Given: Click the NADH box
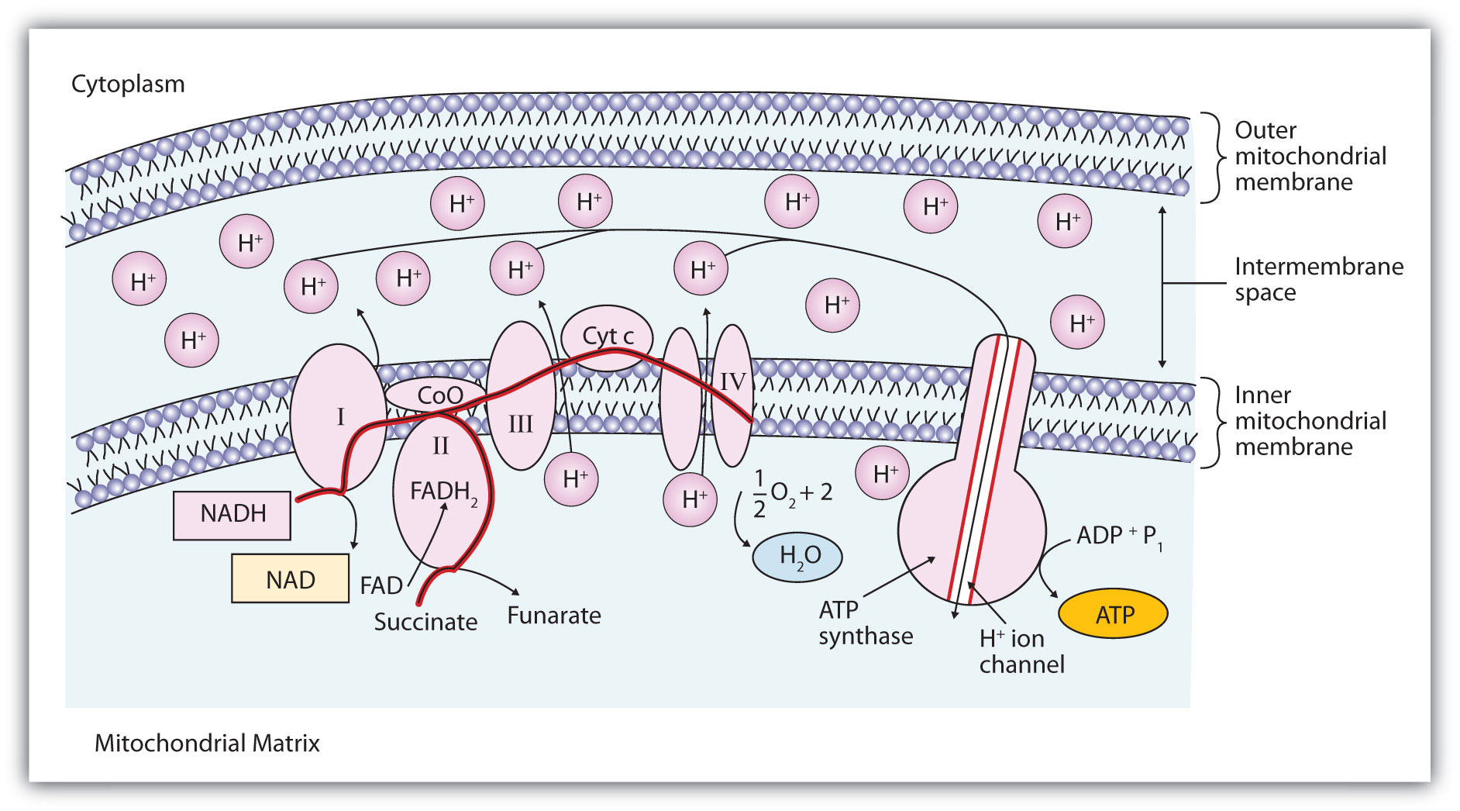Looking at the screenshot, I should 232,514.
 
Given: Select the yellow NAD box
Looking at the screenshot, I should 290,579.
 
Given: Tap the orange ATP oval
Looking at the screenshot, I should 1114,614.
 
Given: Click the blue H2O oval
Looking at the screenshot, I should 798,556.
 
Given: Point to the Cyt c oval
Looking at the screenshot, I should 608,336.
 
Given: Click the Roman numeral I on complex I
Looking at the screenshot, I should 339,417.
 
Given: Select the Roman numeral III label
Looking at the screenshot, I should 520,424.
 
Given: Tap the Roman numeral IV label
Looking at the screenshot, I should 732,381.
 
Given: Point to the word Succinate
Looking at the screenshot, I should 425,622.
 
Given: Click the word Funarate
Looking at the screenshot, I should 554,616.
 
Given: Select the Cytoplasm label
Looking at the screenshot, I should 128,84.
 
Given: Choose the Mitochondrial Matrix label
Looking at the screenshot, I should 207,743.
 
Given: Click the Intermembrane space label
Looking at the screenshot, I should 1318,279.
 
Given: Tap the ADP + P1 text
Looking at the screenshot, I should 1119,536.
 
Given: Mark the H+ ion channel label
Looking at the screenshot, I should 1021,651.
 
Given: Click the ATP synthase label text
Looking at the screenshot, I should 865,623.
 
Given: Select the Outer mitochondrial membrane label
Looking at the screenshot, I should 1310,156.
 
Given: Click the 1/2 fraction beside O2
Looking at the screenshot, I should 759,493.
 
